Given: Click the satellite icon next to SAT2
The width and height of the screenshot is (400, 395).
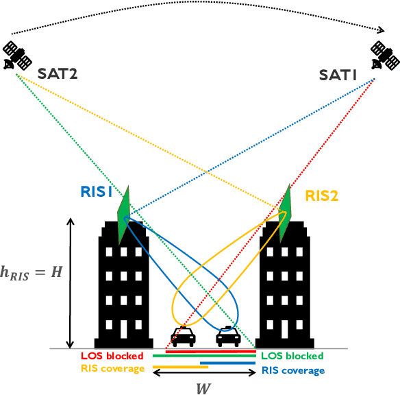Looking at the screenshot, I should [15, 56].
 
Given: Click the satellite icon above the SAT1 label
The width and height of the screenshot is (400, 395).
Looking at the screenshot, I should [384, 55].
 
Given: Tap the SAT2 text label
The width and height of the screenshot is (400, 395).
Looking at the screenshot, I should [58, 73].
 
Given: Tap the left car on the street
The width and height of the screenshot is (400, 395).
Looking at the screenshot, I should [182, 337].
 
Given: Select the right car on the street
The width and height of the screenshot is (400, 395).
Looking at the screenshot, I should [227, 337].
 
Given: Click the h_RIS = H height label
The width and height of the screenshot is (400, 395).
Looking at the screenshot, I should [32, 272].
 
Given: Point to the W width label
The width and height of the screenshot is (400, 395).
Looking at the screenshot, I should [203, 388].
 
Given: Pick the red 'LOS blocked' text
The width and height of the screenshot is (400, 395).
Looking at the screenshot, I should [112, 356].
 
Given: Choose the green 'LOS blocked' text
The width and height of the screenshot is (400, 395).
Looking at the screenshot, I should [292, 357].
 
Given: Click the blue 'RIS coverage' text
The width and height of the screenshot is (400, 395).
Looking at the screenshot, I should [292, 370].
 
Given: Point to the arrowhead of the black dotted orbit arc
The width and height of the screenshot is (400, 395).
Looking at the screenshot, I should [381, 29].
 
